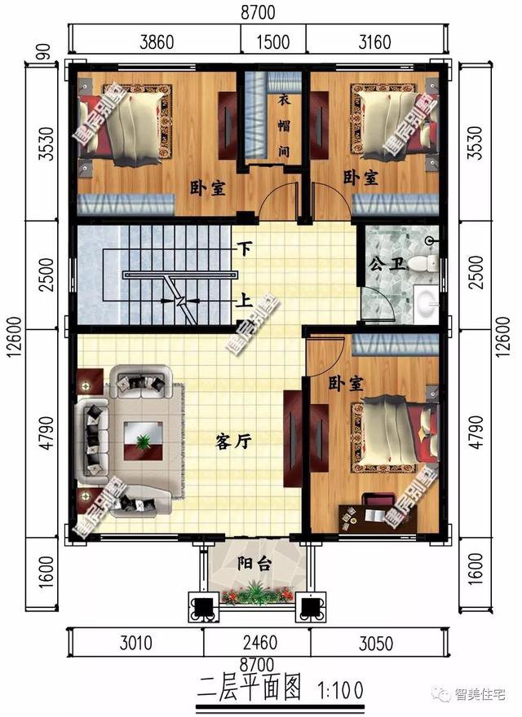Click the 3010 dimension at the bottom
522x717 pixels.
tap(136, 644)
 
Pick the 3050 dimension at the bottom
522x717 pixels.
tap(375, 644)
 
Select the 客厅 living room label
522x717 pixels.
tap(233, 441)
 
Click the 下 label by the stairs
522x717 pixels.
tap(243, 245)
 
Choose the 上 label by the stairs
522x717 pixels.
tap(243, 300)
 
